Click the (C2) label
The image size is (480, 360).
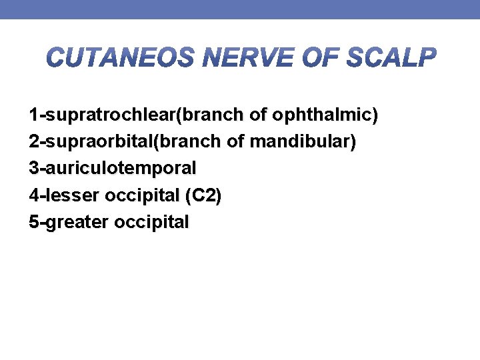click(x=204, y=195)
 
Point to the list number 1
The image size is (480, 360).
click(x=33, y=115)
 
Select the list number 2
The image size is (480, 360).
click(x=33, y=142)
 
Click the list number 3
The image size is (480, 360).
click(x=33, y=169)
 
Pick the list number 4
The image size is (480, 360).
click(x=33, y=195)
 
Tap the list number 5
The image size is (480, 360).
click(x=33, y=222)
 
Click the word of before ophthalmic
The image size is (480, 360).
click(x=257, y=115)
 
